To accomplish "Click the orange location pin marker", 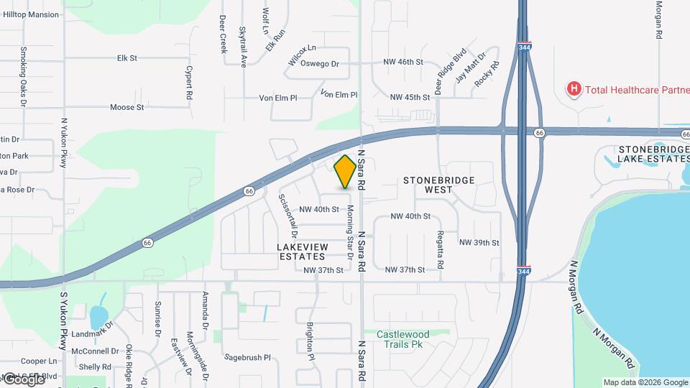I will pyautogui.click(x=346, y=172).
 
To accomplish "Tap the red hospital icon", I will pyautogui.click(x=574, y=89).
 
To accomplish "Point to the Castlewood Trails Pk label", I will pyautogui.click(x=404, y=339).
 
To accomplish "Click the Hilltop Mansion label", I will pyautogui.click(x=32, y=14).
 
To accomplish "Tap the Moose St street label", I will pyautogui.click(x=127, y=107).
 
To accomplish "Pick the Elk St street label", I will pyautogui.click(x=127, y=57).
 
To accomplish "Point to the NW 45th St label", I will pyautogui.click(x=410, y=97).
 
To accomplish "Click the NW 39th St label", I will pyautogui.click(x=479, y=243).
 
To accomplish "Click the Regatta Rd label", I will pyautogui.click(x=440, y=249).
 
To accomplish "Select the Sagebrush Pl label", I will pyautogui.click(x=247, y=357).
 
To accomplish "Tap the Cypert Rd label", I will pyautogui.click(x=189, y=83).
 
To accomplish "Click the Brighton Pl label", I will pyautogui.click(x=311, y=341).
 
